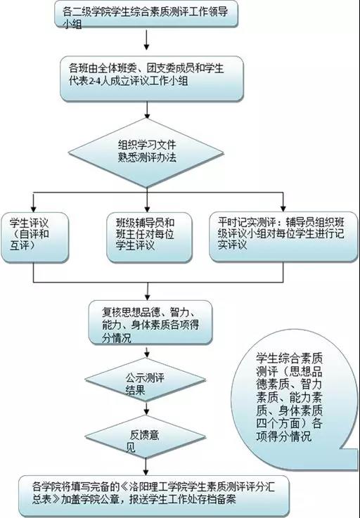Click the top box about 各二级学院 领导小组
(146, 13)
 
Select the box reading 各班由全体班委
(152, 79)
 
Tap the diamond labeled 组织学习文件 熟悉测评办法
(146, 153)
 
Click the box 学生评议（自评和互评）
(34, 237)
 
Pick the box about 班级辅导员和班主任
(150, 237)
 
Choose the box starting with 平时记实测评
(283, 237)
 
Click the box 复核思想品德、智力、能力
(150, 323)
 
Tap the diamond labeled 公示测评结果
(146, 380)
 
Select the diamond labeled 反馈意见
(146, 436)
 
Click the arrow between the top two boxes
(146, 39)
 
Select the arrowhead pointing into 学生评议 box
(33, 209)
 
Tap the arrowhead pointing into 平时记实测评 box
(283, 208)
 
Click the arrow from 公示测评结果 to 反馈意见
(146, 408)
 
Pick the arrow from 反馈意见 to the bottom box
(146, 467)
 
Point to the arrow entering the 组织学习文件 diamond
(147, 110)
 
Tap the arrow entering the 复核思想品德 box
(147, 292)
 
